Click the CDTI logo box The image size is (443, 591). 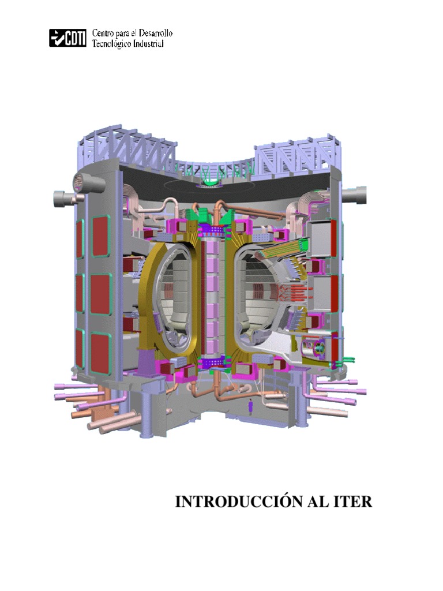(x=68, y=38)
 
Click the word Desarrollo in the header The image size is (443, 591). (x=156, y=33)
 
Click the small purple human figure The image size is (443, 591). (x=249, y=407)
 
